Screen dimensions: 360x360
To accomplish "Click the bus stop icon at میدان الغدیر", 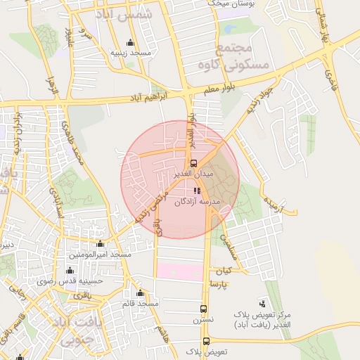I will click(193, 163).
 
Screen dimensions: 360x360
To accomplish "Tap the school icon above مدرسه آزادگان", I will click(197, 191).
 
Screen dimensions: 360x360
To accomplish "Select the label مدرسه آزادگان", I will click(198, 202).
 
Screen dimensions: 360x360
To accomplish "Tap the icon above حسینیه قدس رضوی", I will click(70, 270).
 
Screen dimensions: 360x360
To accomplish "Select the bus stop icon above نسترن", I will click(204, 308).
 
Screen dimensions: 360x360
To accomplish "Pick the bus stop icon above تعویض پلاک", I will click(207, 340).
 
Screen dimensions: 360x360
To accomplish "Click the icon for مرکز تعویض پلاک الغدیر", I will click(262, 303).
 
